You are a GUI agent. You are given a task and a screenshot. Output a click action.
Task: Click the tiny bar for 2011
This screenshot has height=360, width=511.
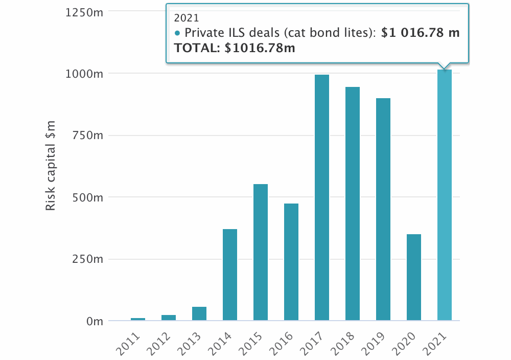coord(138,319)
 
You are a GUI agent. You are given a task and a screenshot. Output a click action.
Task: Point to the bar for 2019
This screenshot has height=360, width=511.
coord(383,210)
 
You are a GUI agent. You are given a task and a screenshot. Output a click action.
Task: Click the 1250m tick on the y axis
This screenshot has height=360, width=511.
coord(85,12)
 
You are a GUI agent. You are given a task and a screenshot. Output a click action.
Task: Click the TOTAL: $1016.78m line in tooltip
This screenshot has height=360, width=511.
coord(235,48)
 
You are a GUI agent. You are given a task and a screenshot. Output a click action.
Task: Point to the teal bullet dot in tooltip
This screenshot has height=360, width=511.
coord(177,33)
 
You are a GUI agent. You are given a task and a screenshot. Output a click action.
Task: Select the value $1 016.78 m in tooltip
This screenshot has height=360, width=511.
coord(421,33)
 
